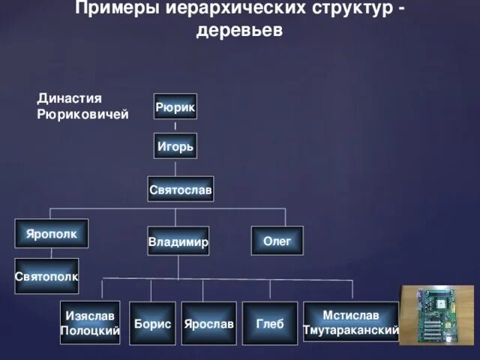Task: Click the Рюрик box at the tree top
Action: click(x=175, y=108)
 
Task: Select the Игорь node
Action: click(x=175, y=147)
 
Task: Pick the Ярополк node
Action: click(x=52, y=233)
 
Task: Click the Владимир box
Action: click(x=178, y=241)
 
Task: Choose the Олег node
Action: click(x=277, y=240)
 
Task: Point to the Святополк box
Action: click(x=46, y=276)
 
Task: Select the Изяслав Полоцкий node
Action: click(x=90, y=323)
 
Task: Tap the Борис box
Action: click(x=152, y=323)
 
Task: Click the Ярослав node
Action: click(x=208, y=323)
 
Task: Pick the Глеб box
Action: click(x=270, y=323)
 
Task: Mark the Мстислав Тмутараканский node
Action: click(x=350, y=323)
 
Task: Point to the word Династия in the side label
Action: click(x=69, y=98)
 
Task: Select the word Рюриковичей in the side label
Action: click(x=82, y=114)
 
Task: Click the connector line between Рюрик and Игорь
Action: click(x=175, y=127)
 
